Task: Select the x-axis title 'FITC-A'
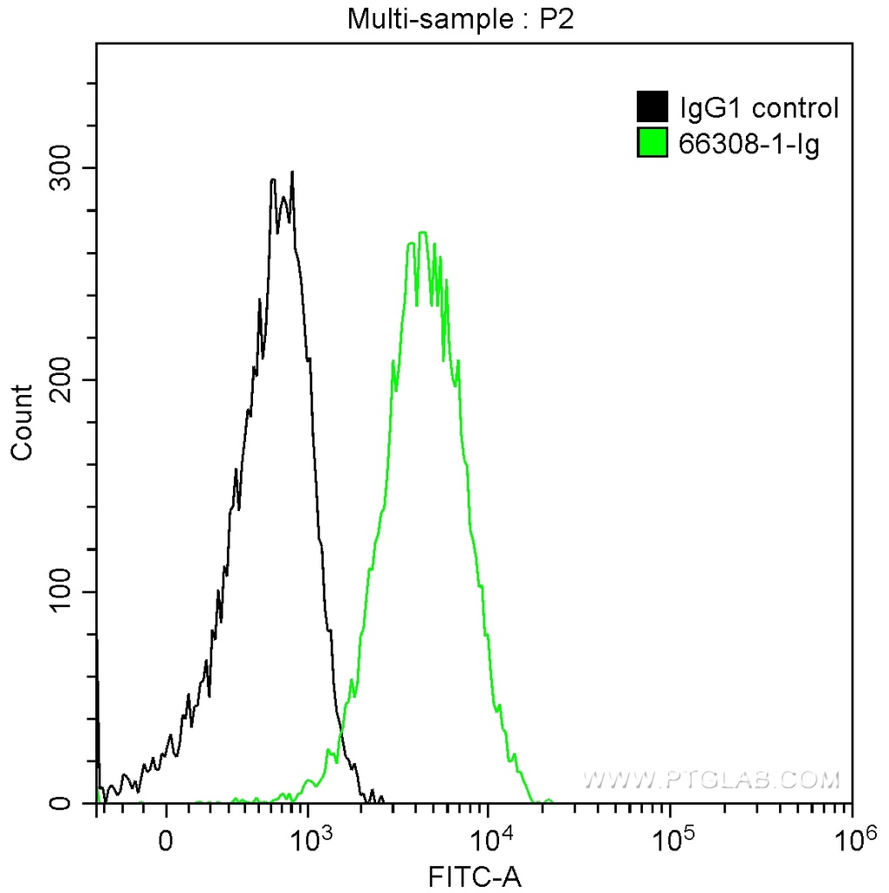475,876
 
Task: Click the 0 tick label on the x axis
167,842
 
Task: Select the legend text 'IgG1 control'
759,108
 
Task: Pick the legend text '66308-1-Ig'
749,145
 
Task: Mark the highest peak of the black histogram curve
292,173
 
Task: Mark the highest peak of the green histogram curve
422,233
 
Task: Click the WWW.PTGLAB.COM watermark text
711,779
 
